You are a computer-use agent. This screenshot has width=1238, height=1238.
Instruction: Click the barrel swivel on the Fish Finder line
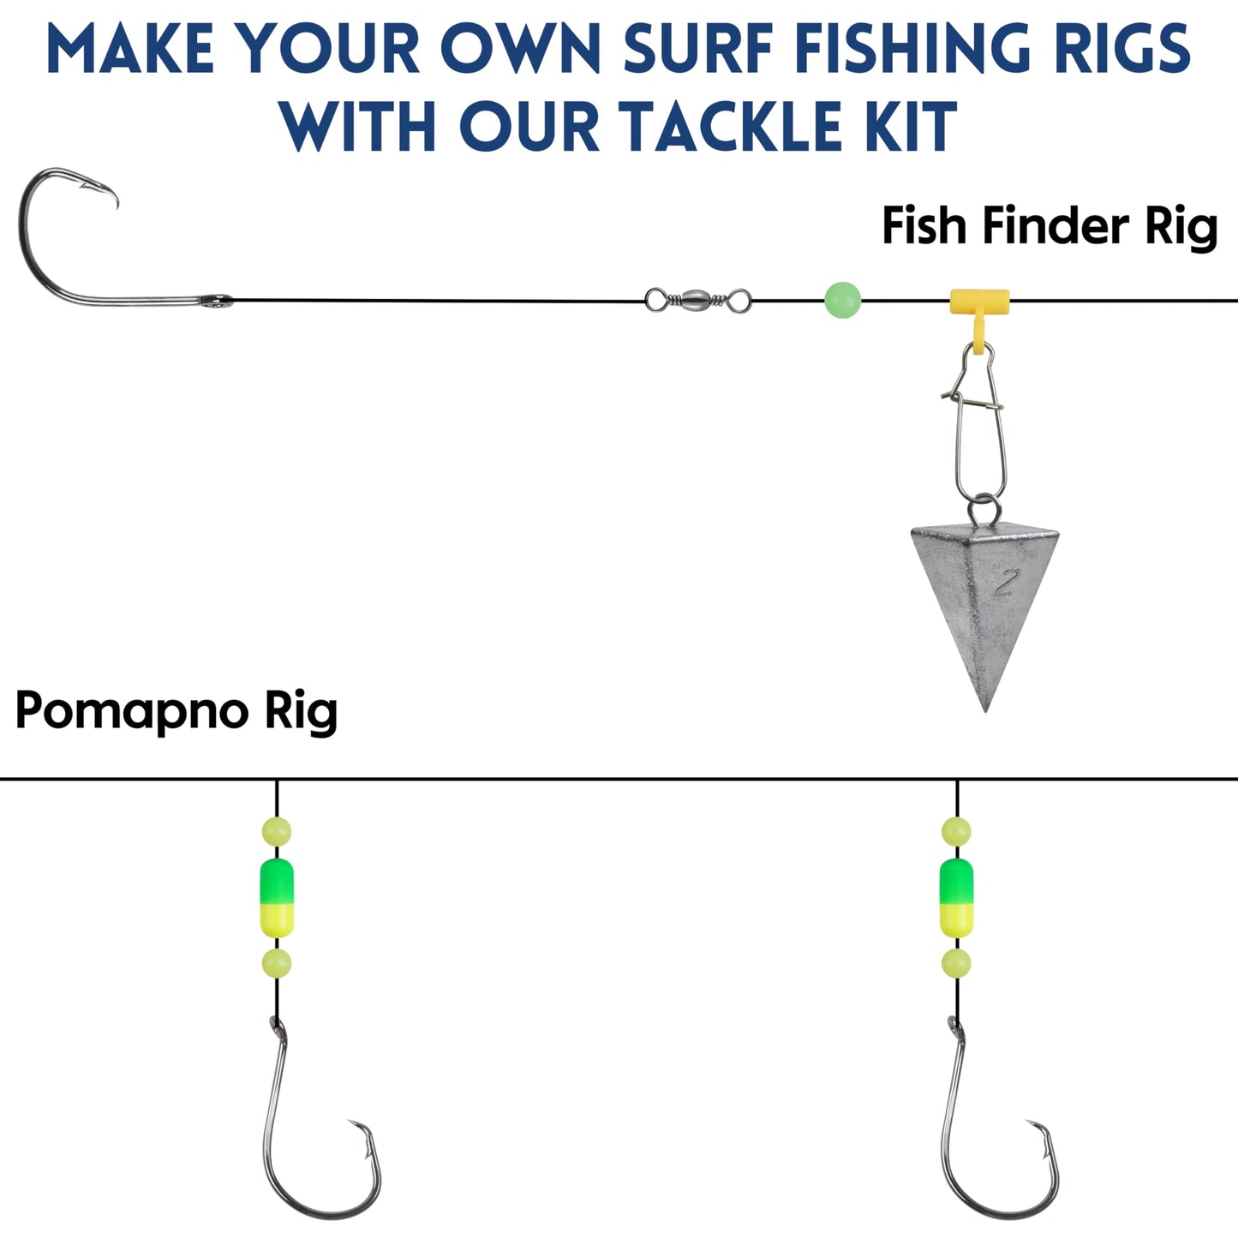697,300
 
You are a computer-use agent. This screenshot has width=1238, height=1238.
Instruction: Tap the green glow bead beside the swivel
842,300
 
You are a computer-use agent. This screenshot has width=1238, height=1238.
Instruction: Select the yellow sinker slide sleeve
979,302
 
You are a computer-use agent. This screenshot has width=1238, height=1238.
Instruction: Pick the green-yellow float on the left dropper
277,897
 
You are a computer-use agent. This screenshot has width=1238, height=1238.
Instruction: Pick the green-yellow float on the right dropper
956,897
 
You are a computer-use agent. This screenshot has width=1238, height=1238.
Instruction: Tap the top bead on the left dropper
277,831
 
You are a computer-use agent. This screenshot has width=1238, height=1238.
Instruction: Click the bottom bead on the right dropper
956,963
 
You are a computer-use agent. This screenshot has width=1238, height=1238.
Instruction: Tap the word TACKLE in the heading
730,127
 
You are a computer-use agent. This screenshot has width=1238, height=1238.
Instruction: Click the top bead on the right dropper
956,831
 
